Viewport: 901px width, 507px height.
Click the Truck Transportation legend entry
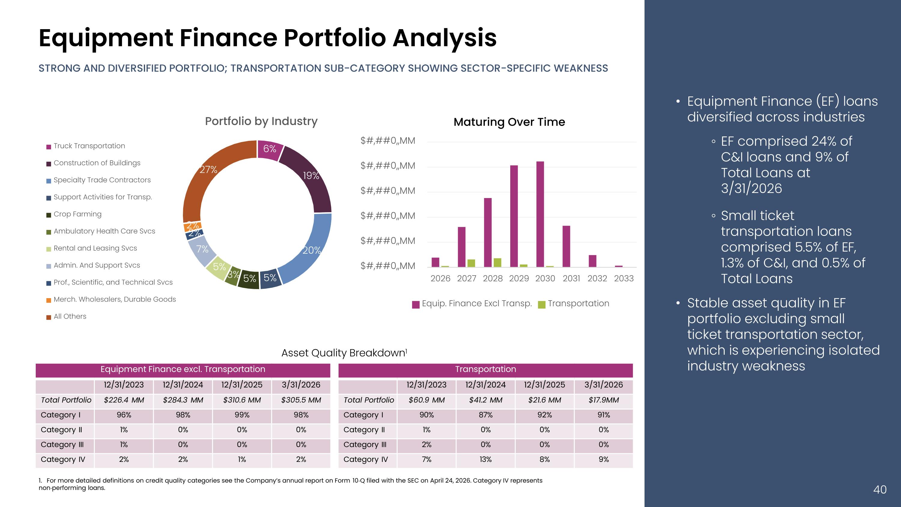[86, 146]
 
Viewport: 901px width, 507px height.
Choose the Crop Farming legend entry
[74, 214]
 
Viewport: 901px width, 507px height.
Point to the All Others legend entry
[66, 316]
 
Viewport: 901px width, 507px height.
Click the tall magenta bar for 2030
[540, 214]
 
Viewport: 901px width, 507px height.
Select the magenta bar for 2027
[462, 247]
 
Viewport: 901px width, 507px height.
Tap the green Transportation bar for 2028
[497, 262]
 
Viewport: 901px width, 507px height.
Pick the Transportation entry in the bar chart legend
[574, 304]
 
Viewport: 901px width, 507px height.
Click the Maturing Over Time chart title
[509, 122]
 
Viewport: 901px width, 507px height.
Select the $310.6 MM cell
[242, 400]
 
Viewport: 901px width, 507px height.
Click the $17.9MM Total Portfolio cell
[604, 400]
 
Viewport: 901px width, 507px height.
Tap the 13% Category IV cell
[485, 460]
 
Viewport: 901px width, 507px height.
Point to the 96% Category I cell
[124, 415]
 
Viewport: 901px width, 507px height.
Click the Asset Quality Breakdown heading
[344, 353]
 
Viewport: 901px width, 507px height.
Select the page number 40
[880, 490]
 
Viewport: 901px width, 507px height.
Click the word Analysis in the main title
[444, 38]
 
